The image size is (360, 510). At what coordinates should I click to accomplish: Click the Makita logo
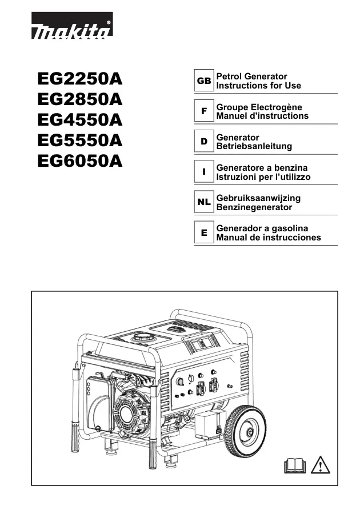click(x=72, y=26)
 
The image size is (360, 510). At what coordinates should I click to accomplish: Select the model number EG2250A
click(x=80, y=79)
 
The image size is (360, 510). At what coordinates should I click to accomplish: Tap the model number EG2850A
click(x=80, y=99)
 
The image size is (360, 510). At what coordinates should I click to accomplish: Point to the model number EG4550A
click(x=80, y=120)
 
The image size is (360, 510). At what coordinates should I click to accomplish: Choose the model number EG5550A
click(x=80, y=140)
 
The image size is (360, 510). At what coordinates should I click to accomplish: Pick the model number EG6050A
click(x=80, y=160)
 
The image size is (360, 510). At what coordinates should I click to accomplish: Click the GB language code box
click(x=204, y=81)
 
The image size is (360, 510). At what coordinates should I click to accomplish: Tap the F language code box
click(x=204, y=111)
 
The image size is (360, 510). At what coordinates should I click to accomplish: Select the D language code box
click(x=204, y=141)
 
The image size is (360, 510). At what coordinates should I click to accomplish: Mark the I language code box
click(x=204, y=171)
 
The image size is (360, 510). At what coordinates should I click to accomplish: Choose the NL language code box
click(x=204, y=202)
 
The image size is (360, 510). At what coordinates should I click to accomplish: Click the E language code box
click(x=204, y=232)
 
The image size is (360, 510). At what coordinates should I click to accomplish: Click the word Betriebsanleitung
click(x=254, y=146)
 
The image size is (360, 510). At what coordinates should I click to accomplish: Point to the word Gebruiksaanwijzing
click(x=258, y=198)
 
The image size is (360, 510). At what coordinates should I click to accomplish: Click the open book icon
click(x=295, y=466)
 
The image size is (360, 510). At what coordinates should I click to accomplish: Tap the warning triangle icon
click(x=321, y=465)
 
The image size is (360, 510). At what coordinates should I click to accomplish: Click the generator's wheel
click(x=245, y=431)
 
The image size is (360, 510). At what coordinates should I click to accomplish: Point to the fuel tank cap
click(x=143, y=337)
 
